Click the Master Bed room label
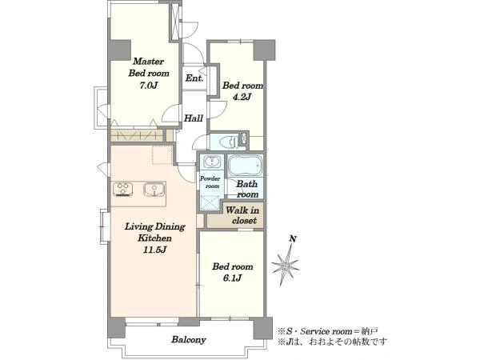[x=149, y=67]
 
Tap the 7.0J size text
[x=149, y=86]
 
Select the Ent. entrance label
[x=194, y=78]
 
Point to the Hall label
[x=194, y=118]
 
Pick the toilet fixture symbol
[x=227, y=141]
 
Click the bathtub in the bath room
[x=246, y=165]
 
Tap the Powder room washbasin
[x=211, y=162]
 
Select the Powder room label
[x=210, y=182]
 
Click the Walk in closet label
[x=242, y=215]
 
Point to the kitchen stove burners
[x=122, y=189]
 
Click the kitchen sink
[x=154, y=189]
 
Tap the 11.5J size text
[x=154, y=250]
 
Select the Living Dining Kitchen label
[x=155, y=232]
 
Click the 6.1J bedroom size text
[x=232, y=278]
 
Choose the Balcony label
[x=189, y=339]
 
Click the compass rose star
[x=286, y=265]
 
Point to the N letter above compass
[x=293, y=238]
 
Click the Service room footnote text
[x=328, y=331]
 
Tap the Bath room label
[x=247, y=189]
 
